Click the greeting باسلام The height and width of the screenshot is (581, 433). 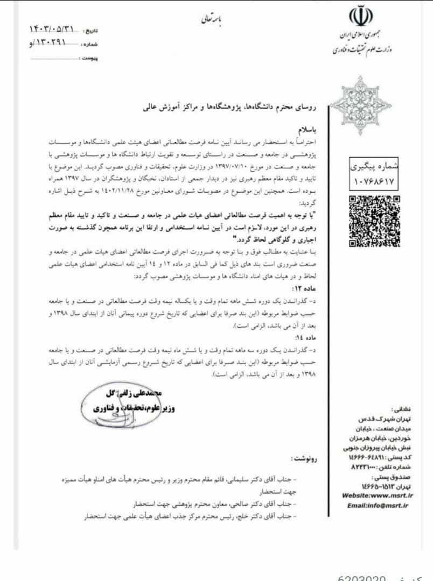pos(290,131)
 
